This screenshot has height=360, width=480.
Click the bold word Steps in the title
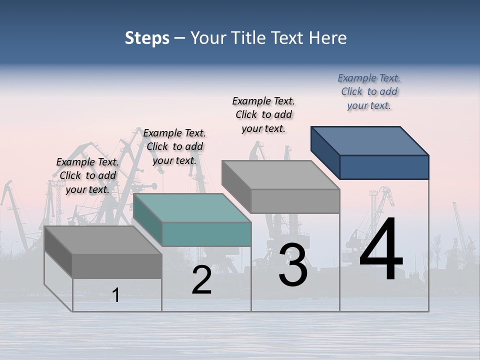click(147, 38)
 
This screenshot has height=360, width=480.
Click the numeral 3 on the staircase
click(293, 265)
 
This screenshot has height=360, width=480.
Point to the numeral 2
click(201, 280)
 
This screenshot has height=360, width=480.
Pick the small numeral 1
click(116, 295)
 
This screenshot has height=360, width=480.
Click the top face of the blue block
click(370, 140)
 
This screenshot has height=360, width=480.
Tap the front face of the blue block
click(384, 167)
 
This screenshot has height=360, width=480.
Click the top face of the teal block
click(192, 207)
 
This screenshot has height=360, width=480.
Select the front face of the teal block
click(206, 234)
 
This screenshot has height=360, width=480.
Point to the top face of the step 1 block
click(103, 240)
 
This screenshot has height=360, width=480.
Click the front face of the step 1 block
click(117, 266)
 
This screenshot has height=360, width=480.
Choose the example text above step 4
click(369, 92)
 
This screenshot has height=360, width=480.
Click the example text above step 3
click(263, 114)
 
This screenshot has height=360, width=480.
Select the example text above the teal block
click(174, 146)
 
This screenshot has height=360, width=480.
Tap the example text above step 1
click(87, 175)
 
